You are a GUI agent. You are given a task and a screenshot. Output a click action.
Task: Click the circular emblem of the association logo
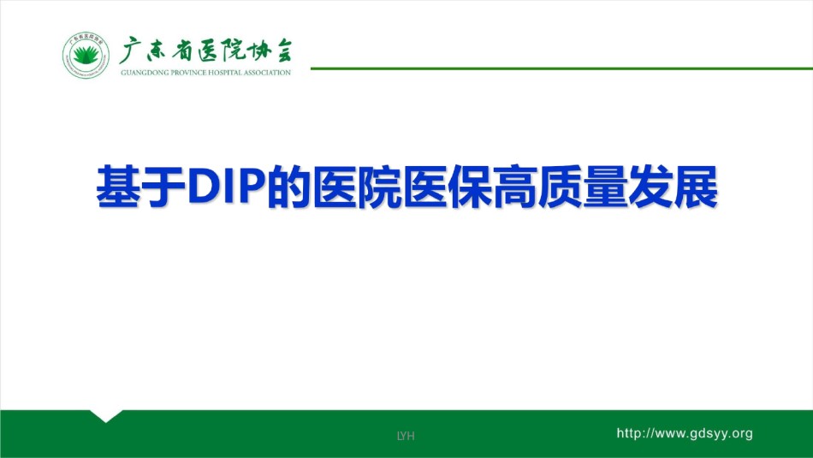click(x=86, y=55)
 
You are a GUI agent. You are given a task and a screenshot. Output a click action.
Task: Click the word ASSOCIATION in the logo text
click(x=268, y=73)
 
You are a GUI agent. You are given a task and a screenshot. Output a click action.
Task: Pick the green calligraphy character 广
click(x=130, y=51)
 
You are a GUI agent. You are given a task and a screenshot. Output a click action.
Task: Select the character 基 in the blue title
click(x=118, y=187)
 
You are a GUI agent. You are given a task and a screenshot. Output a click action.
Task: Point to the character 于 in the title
click(x=163, y=187)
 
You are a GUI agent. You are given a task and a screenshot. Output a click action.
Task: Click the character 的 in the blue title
click(x=288, y=187)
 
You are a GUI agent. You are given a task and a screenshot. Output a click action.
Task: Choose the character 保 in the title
click(x=469, y=187)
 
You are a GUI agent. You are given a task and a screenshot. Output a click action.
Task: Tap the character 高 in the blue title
click(x=514, y=187)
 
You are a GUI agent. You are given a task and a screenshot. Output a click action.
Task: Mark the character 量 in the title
click(x=605, y=187)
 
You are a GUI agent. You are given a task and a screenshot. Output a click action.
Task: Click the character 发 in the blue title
click(x=650, y=187)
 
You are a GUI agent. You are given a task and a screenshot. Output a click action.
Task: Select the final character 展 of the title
click(x=695, y=187)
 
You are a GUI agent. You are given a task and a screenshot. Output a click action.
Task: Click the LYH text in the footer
click(x=406, y=436)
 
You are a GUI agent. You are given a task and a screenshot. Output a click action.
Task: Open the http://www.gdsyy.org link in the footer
click(x=685, y=434)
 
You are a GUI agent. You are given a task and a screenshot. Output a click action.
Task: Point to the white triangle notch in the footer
click(x=106, y=416)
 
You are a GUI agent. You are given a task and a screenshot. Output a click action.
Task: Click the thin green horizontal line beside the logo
click(x=561, y=68)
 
